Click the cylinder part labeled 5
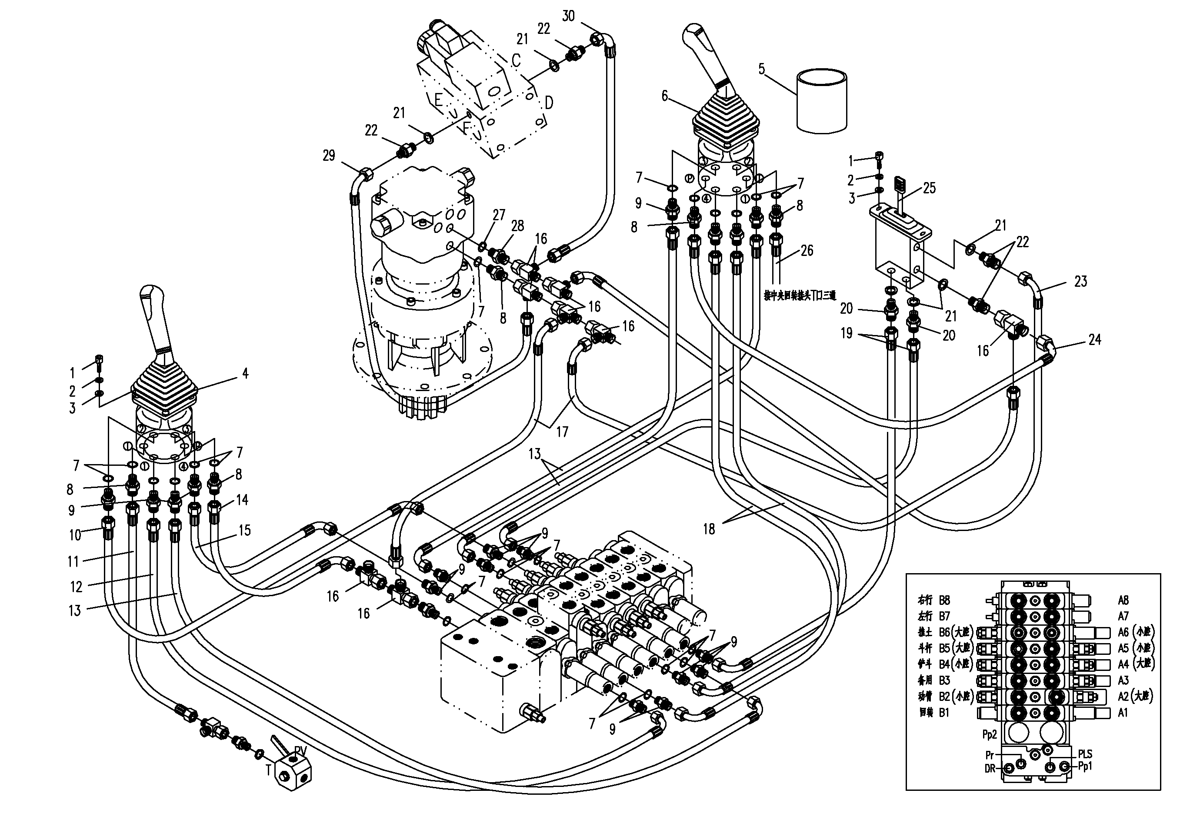[x=821, y=101]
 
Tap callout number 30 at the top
[x=568, y=17]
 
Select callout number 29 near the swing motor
[x=329, y=155]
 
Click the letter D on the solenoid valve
[x=549, y=103]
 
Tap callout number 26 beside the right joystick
[x=807, y=250]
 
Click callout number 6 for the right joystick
[x=664, y=96]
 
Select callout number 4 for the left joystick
[x=245, y=374]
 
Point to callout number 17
[x=562, y=432]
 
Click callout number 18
[x=709, y=529]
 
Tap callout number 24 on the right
[x=1095, y=339]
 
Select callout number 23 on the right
[x=1081, y=281]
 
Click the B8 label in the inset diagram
[x=945, y=600]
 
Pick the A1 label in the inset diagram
[x=1123, y=713]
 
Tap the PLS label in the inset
[x=1085, y=754]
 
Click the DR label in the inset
[x=990, y=769]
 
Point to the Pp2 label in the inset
[x=989, y=735]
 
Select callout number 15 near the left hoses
[x=245, y=530]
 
